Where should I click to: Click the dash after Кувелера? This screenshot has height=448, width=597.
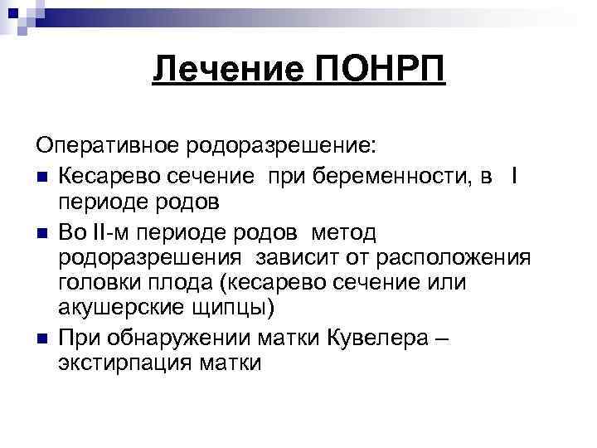click(x=442, y=337)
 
